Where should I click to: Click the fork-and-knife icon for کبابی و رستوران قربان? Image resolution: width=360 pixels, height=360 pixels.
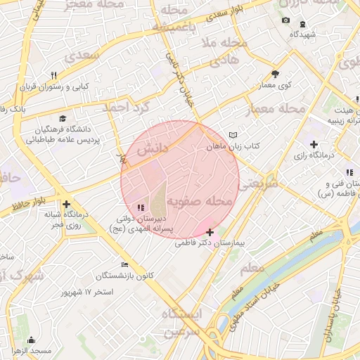click(x=53, y=76)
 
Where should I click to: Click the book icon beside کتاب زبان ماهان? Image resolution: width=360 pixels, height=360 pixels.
click(x=233, y=134)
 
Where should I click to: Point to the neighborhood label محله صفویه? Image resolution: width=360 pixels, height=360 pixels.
click(x=199, y=202)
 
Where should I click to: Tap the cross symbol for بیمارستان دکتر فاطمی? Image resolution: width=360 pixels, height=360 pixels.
click(x=210, y=231)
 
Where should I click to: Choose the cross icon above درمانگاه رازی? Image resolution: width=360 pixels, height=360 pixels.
click(x=314, y=144)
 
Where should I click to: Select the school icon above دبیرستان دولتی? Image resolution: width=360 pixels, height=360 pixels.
click(x=141, y=207)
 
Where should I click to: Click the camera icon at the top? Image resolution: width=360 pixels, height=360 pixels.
click(x=285, y=20)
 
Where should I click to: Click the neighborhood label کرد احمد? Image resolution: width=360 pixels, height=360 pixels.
click(x=127, y=108)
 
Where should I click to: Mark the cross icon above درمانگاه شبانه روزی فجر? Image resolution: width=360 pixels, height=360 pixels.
click(x=66, y=204)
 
